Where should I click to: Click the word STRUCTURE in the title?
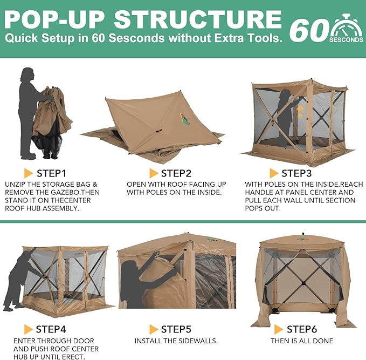[x=198, y=19]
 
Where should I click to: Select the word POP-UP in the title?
[x=54, y=19]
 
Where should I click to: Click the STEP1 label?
[x=52, y=173]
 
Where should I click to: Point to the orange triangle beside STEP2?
[x=154, y=173]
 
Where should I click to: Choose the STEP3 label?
[x=296, y=173]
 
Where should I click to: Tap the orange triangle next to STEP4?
[x=28, y=329]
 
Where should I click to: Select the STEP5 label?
[x=176, y=329]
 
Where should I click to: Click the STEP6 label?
[x=302, y=329]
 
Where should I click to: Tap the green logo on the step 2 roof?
[x=185, y=119]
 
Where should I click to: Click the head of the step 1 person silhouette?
[x=28, y=74]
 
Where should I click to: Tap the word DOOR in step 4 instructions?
[x=82, y=341]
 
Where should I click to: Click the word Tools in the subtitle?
[x=267, y=38]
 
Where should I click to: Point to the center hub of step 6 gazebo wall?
[x=303, y=283]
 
